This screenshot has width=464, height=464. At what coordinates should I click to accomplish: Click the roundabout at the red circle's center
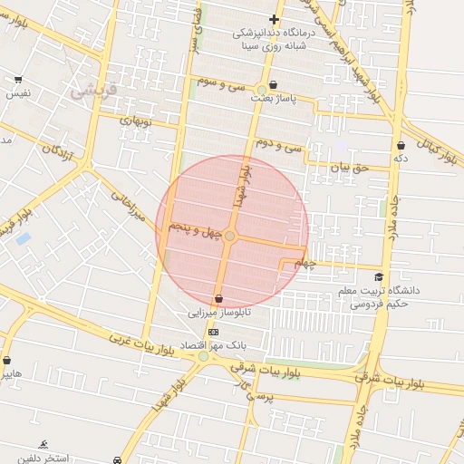click(230, 236)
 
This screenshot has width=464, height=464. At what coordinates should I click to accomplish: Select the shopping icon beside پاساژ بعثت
click(261, 90)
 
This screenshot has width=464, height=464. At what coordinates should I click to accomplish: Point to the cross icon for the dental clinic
click(274, 19)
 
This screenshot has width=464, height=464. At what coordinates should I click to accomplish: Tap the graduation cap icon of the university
click(378, 276)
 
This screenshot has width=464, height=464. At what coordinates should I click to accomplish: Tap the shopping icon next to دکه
click(401, 144)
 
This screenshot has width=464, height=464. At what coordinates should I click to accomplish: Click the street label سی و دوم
click(277, 143)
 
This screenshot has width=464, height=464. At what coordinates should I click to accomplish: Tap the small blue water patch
click(23, 238)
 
